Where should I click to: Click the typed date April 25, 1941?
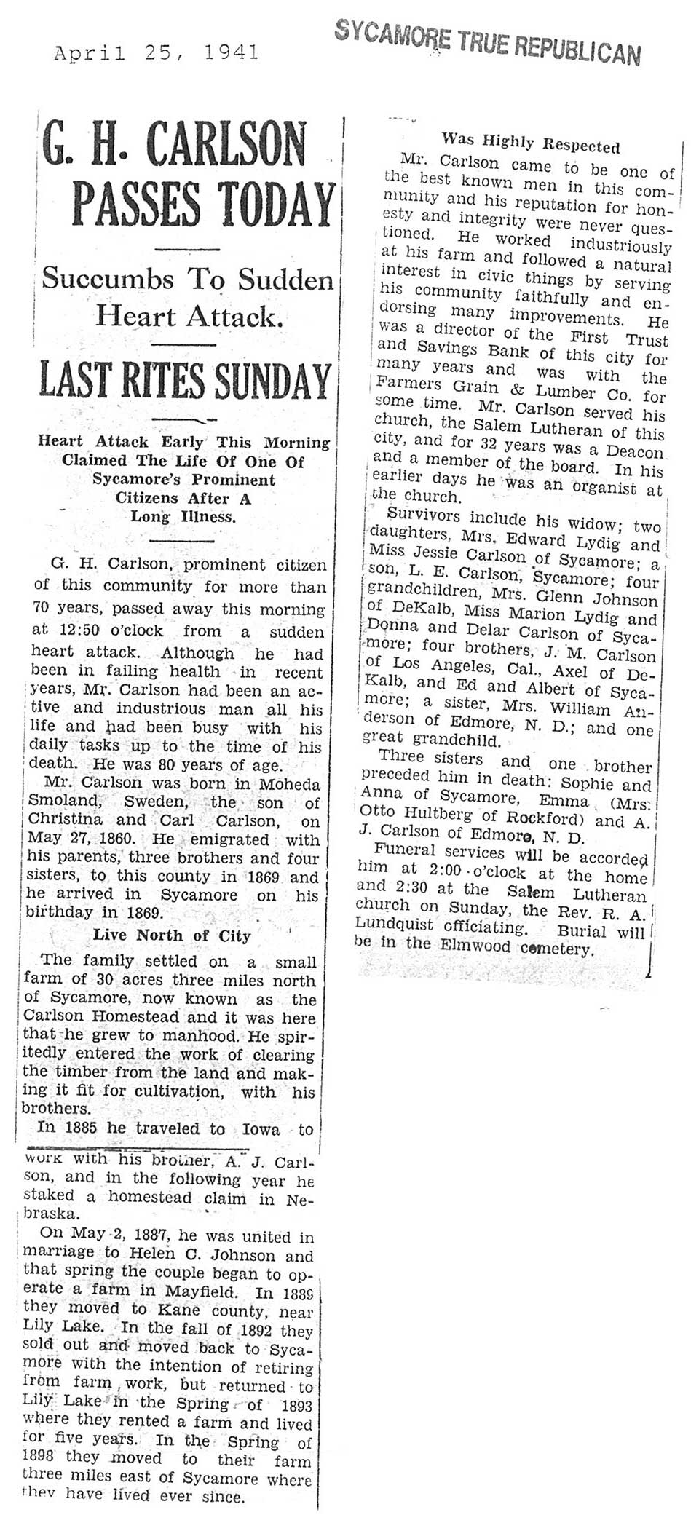click(157, 53)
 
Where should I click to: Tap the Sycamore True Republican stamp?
click(488, 42)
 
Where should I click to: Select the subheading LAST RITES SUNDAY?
click(185, 381)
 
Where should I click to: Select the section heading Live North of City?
click(172, 935)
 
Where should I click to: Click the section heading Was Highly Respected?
click(531, 143)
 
